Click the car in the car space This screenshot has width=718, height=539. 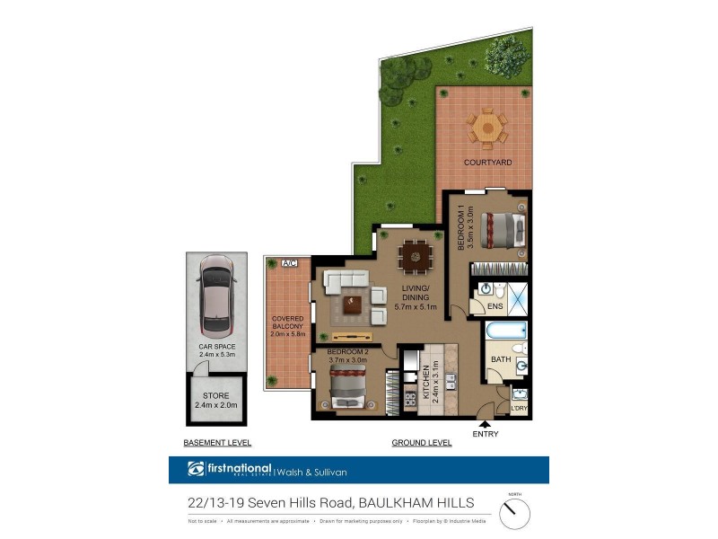click(216, 296)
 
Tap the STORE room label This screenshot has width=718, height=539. click(215, 396)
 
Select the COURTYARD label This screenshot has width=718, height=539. click(487, 163)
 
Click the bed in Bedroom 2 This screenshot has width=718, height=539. click(346, 391)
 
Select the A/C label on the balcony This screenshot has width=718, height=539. click(289, 263)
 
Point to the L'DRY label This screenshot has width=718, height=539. click(519, 410)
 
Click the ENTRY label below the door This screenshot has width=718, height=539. click(485, 434)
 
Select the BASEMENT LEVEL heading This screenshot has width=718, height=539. click(216, 443)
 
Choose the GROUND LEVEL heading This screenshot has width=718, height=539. click(421, 443)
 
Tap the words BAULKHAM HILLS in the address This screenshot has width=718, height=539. click(417, 502)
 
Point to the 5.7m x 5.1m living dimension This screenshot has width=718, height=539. click(416, 307)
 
